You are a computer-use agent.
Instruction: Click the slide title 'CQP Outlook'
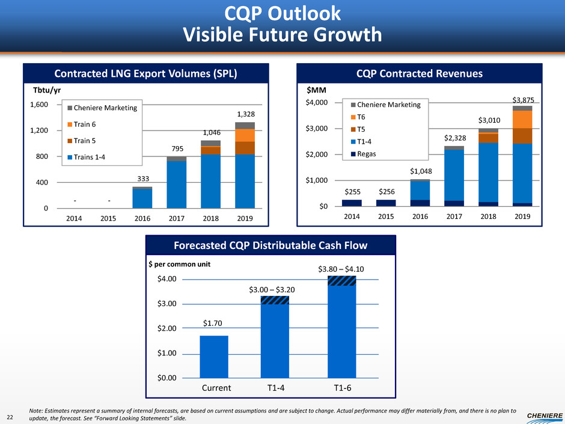282,13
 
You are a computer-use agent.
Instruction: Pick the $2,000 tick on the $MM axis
326,155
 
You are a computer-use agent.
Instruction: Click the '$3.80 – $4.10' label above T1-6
341,268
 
